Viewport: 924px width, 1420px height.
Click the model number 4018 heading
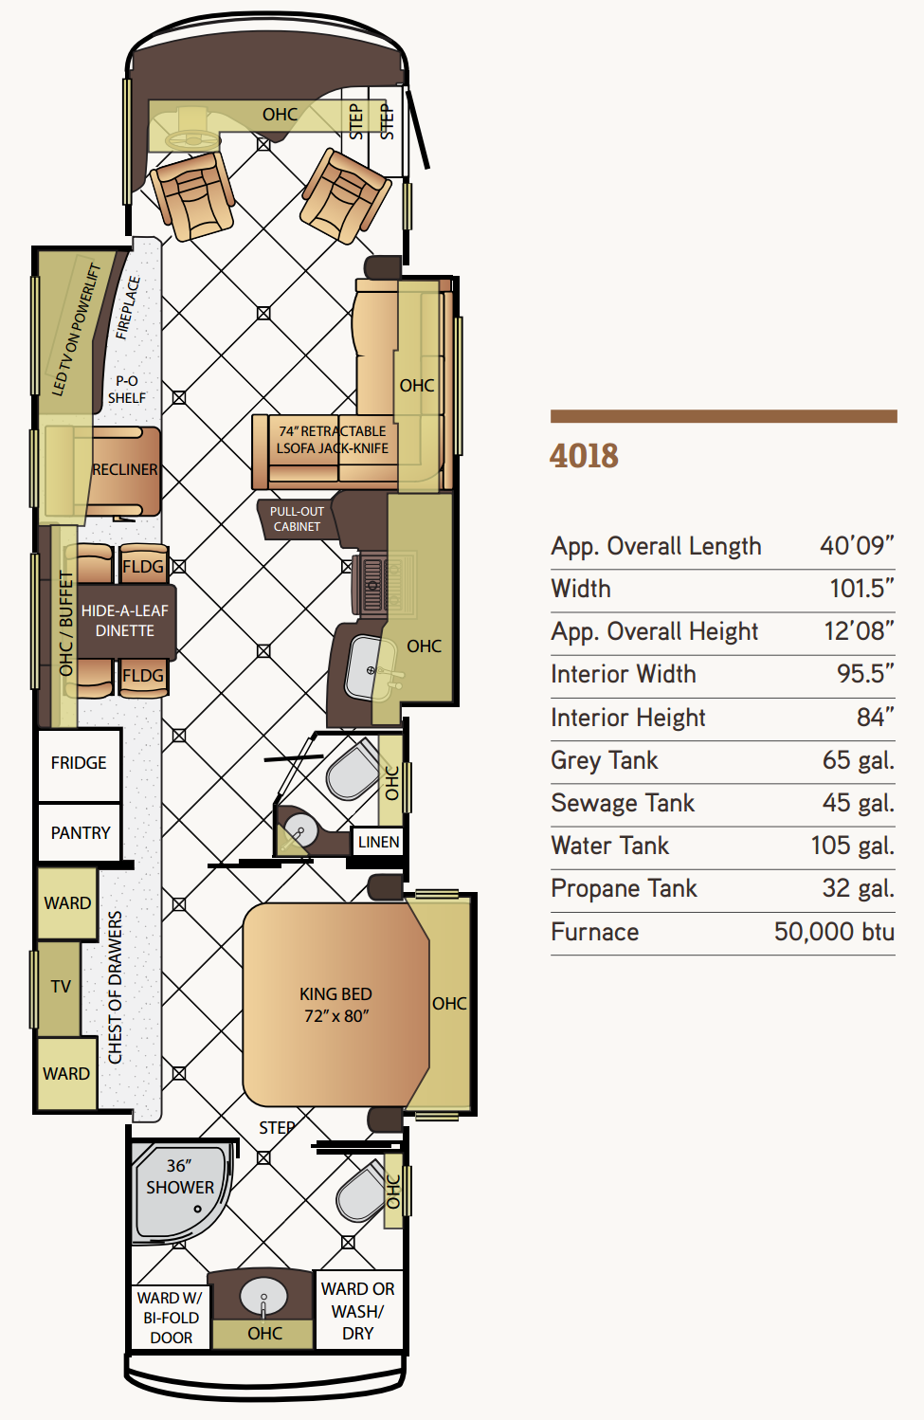(x=584, y=456)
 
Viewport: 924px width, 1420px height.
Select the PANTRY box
(x=80, y=831)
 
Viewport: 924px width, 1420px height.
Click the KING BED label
(x=335, y=994)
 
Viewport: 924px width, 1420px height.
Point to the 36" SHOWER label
(x=180, y=1176)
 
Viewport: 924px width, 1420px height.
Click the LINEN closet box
(x=378, y=842)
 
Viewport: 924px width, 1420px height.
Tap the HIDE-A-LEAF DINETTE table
(x=125, y=621)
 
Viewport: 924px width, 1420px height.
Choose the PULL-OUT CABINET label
(x=297, y=519)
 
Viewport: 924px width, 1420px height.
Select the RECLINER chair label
(x=125, y=470)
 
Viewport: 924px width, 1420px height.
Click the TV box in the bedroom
(x=60, y=987)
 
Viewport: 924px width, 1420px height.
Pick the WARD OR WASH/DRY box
(x=358, y=1311)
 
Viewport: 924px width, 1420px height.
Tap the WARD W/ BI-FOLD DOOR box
(x=171, y=1318)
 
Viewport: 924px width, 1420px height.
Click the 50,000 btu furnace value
(x=834, y=932)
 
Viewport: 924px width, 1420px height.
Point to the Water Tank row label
(x=609, y=846)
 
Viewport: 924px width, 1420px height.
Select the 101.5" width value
(x=861, y=589)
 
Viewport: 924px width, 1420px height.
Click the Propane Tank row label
(x=624, y=889)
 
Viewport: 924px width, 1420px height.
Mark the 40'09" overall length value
(x=857, y=546)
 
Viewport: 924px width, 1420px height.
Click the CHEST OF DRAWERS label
(x=115, y=987)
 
